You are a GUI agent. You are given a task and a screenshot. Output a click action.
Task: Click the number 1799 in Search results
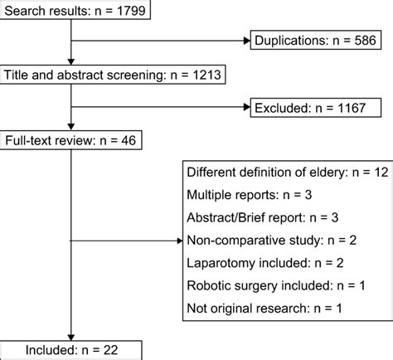(x=131, y=11)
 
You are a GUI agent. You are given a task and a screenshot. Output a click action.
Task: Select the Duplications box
(x=316, y=40)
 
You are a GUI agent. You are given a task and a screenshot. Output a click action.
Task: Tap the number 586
(x=365, y=41)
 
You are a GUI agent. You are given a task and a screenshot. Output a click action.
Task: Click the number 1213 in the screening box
(x=206, y=75)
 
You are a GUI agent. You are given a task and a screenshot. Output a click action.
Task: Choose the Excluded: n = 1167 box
(x=316, y=108)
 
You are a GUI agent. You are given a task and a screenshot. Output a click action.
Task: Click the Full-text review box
(x=70, y=140)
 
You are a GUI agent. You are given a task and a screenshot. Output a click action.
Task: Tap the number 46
(x=129, y=140)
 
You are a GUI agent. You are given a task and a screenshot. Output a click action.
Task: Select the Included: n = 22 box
(x=70, y=350)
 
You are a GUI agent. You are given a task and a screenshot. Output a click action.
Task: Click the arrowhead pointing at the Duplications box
(x=247, y=41)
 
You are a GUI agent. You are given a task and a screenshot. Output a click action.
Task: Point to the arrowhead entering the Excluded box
(x=247, y=107)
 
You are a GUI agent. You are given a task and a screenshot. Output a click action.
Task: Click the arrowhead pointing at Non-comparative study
(x=180, y=241)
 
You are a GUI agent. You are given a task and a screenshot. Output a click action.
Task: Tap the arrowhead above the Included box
(x=71, y=338)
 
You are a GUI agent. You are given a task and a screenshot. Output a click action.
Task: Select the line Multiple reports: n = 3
(x=250, y=195)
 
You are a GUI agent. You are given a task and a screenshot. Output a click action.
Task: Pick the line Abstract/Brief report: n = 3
(x=263, y=217)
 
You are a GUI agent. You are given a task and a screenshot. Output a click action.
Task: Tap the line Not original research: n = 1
(x=264, y=309)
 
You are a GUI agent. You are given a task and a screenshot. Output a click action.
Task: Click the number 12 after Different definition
(x=381, y=173)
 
